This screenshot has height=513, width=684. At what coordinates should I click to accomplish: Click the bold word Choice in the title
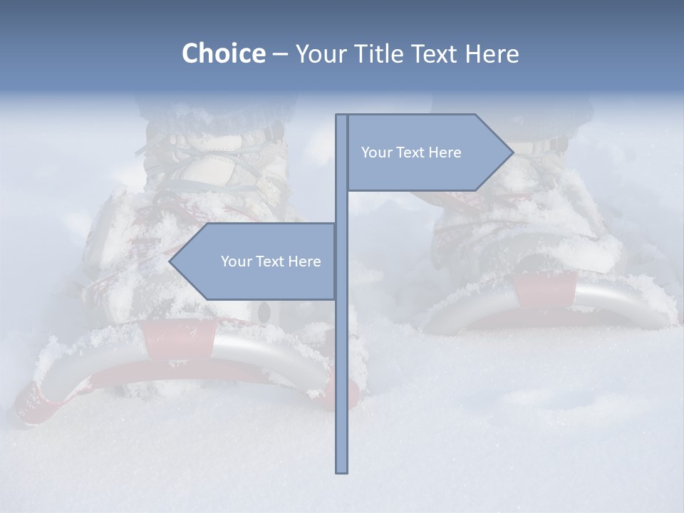click(223, 53)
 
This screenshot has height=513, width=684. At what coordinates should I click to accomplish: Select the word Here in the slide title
click(492, 53)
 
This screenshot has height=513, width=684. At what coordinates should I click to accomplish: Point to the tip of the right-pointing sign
click(512, 152)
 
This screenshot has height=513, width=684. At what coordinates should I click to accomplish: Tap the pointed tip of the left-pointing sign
click(170, 261)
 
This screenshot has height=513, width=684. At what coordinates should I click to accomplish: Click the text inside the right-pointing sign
click(411, 152)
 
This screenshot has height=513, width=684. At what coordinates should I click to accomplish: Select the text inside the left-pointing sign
click(271, 261)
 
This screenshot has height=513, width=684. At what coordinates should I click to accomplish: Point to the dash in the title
click(280, 54)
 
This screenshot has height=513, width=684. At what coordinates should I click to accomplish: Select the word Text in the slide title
click(434, 53)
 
